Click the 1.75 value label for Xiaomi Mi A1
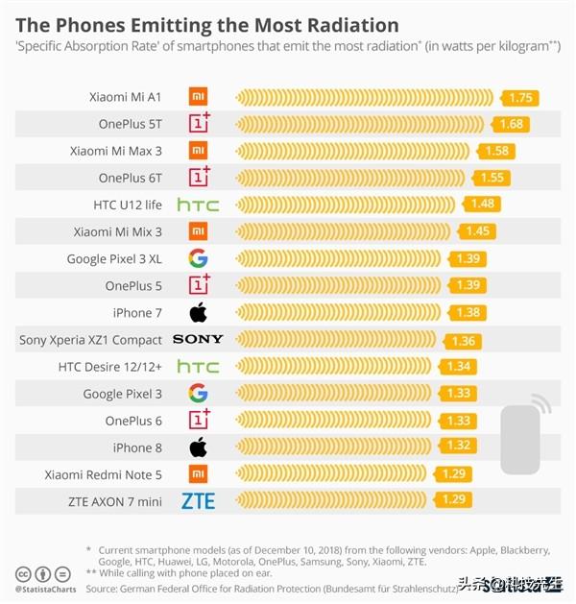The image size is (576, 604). [x=521, y=98]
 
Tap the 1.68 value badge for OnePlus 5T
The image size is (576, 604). [x=511, y=124]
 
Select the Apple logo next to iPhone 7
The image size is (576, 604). [x=198, y=313]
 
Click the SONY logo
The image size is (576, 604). [x=198, y=340]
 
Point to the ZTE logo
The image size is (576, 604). [x=198, y=501]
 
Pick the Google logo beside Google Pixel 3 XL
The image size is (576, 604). [x=198, y=258]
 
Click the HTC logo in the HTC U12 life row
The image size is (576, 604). [x=198, y=205]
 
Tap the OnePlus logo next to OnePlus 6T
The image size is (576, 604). [x=199, y=177]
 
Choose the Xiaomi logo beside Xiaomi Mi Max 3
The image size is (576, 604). [x=198, y=151]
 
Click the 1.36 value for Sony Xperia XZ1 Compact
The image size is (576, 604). [x=463, y=341]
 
